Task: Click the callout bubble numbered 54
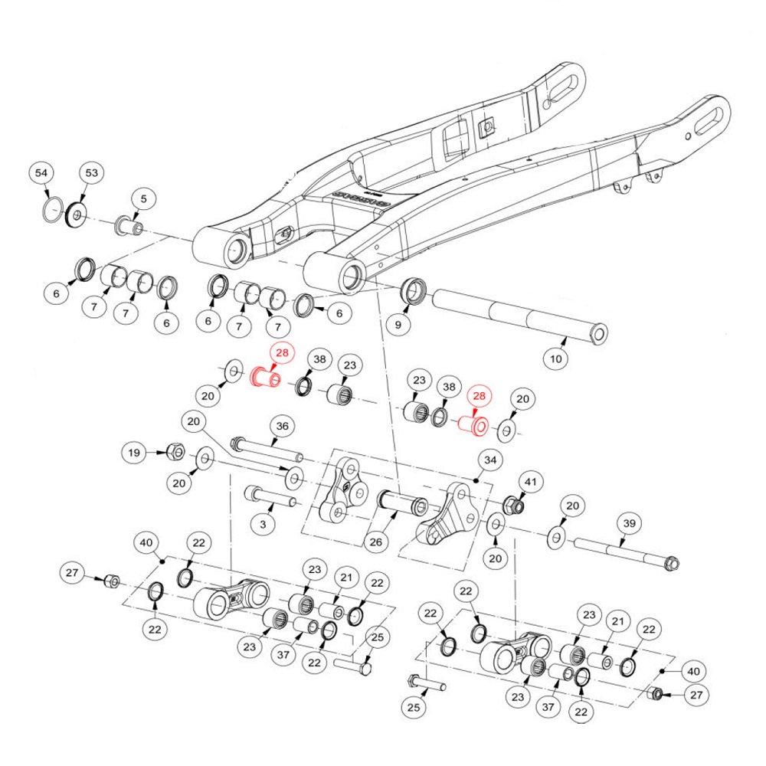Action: tap(41, 173)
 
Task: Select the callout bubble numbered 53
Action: tap(92, 172)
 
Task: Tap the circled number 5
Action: tap(144, 199)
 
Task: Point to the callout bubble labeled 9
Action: tap(398, 325)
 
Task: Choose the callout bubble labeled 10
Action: tap(556, 359)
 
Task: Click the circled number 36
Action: tap(283, 426)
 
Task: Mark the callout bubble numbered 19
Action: tap(134, 453)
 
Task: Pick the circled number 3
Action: tap(263, 525)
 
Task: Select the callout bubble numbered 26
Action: tap(375, 542)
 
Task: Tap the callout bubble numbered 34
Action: tap(490, 460)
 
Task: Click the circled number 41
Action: tap(531, 483)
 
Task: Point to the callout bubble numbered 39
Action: tap(629, 524)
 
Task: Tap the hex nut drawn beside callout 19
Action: tap(175, 452)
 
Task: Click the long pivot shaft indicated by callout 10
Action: tap(520, 316)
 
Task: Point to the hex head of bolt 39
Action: tap(672, 564)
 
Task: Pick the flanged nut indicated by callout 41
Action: tap(514, 505)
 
